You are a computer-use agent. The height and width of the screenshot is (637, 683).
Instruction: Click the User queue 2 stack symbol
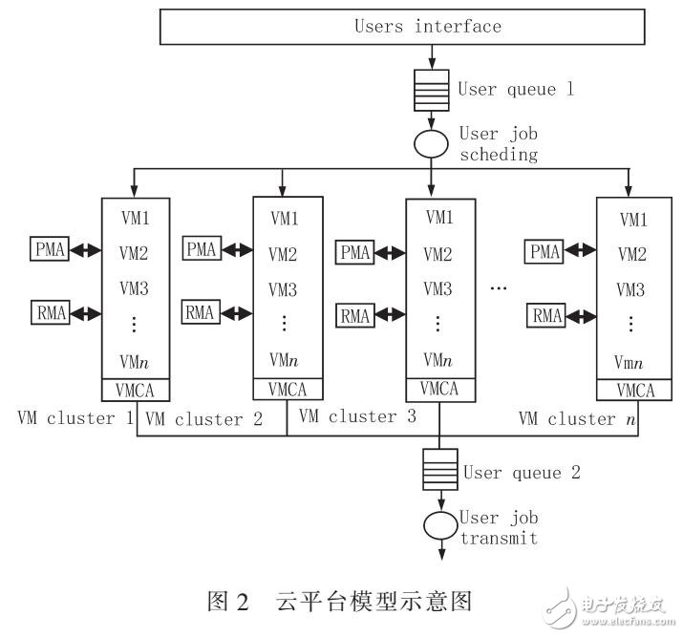[x=439, y=472]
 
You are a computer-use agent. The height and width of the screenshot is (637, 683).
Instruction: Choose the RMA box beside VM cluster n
[x=545, y=314]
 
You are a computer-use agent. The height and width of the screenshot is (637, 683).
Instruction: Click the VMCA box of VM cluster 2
[x=287, y=389]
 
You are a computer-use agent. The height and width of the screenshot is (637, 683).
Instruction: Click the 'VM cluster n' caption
[x=573, y=418]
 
